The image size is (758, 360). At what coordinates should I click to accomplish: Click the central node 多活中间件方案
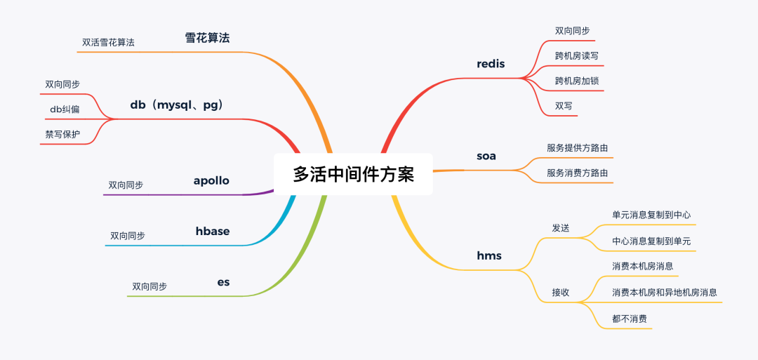[x=353, y=174]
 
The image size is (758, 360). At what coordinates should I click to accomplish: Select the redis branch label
[x=491, y=65]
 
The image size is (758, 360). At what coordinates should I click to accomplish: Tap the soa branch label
[x=486, y=156]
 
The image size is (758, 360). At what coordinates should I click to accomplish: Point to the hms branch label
[x=489, y=255]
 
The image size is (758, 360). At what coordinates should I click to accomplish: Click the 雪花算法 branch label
[x=207, y=38]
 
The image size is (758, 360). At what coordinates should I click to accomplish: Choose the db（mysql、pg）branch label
[x=176, y=105]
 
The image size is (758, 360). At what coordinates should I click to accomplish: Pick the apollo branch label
[x=211, y=180]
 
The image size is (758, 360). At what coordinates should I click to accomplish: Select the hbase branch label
[x=213, y=231]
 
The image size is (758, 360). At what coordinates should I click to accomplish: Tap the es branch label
[x=223, y=282]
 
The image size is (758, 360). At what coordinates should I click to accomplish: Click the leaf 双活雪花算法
[x=108, y=42]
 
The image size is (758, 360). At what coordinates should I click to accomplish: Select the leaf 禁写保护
[x=62, y=134]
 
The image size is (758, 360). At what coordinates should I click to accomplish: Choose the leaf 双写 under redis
[x=564, y=106]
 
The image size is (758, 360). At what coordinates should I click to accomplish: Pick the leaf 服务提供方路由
[x=577, y=148]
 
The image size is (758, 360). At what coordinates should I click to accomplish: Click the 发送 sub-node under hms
[x=560, y=228]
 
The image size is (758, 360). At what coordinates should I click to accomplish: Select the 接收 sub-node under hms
[x=560, y=292]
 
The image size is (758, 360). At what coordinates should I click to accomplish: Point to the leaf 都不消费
[x=629, y=319]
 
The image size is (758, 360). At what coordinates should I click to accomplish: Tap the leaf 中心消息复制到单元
[x=651, y=241]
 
